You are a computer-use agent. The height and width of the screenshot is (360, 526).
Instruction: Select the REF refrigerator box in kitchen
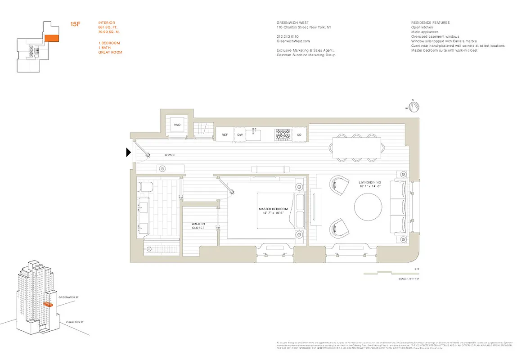point(225,134)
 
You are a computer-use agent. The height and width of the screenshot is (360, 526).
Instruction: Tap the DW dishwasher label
point(240,134)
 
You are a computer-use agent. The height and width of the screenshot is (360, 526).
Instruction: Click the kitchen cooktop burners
point(283,134)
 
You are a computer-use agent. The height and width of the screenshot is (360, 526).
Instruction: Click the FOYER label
point(169,155)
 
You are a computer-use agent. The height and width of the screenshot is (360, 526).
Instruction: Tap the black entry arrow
point(129,153)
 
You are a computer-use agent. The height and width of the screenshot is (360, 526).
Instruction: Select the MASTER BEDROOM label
point(273,209)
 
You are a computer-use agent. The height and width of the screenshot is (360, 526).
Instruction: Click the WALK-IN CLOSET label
point(198,225)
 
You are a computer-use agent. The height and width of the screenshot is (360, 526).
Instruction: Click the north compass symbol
point(414,106)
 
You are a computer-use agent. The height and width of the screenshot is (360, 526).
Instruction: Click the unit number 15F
point(75,24)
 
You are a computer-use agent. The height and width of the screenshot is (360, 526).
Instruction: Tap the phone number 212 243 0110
point(288,36)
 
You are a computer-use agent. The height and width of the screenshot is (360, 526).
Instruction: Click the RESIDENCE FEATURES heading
point(430,22)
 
